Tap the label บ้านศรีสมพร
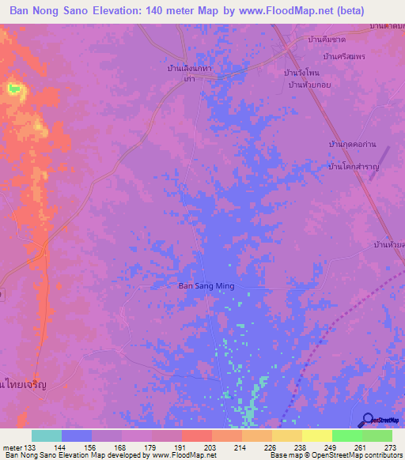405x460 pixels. (344, 56)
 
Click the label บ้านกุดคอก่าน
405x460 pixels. (352, 144)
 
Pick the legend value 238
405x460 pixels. (299, 448)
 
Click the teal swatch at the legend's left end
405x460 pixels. (47, 435)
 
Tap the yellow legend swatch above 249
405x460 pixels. (316, 435)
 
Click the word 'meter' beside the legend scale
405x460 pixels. (12, 448)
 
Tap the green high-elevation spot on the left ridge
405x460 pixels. (13, 89)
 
